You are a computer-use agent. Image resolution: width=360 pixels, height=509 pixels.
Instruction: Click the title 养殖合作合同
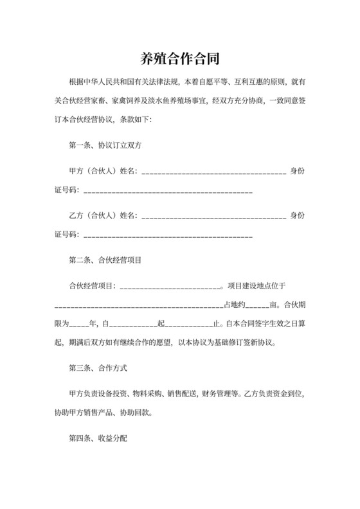[180, 59]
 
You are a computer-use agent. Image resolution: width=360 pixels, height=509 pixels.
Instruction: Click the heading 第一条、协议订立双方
[105, 146]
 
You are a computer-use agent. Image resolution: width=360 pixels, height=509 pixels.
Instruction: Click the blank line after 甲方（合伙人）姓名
[213, 172]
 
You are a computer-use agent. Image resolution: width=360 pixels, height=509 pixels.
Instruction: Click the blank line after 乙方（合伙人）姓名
[213, 217]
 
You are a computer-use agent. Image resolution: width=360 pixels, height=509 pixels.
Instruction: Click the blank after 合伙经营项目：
[170, 287]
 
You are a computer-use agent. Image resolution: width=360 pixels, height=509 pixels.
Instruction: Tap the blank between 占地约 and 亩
[258, 306]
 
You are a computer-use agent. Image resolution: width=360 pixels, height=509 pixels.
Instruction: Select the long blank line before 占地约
[138, 306]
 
